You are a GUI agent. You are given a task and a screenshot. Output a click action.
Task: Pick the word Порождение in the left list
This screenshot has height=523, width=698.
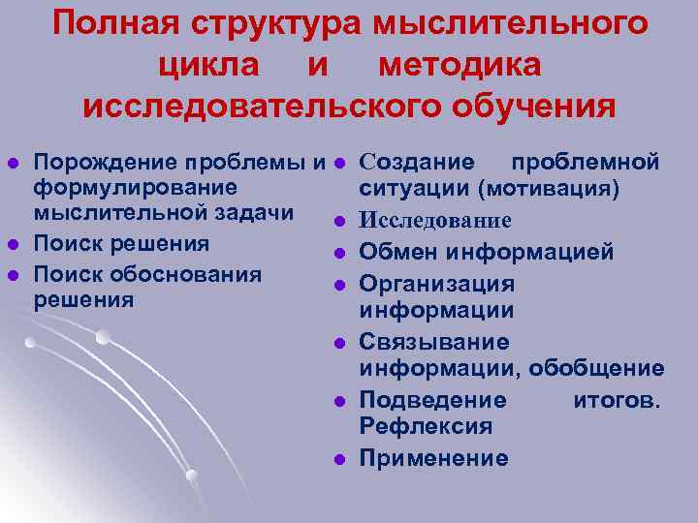pyautogui.click(x=98, y=160)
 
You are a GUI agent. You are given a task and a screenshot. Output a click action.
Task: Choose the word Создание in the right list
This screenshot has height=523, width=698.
pyautogui.click(x=417, y=160)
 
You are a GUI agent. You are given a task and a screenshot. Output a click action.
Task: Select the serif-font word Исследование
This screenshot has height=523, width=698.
pyautogui.click(x=435, y=221)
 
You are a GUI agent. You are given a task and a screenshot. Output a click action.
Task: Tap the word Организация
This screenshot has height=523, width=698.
pyautogui.click(x=437, y=284)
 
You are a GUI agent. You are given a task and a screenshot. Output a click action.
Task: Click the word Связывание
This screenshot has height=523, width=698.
pyautogui.click(x=433, y=342)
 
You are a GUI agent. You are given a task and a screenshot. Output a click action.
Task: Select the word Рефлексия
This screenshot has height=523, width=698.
pyautogui.click(x=426, y=426)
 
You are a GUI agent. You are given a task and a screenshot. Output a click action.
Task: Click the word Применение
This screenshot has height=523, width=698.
pyautogui.click(x=433, y=458)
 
